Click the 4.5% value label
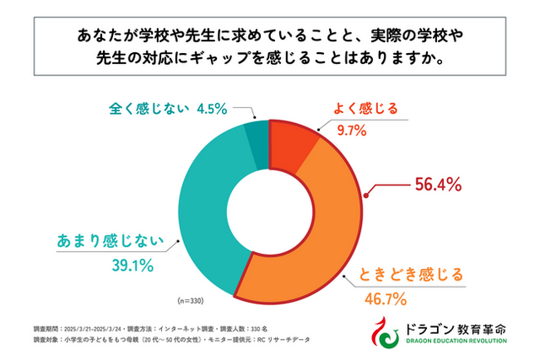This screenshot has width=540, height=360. click(213, 108)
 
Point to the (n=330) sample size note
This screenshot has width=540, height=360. click(192, 300)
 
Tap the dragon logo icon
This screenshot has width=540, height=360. click(386, 333)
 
